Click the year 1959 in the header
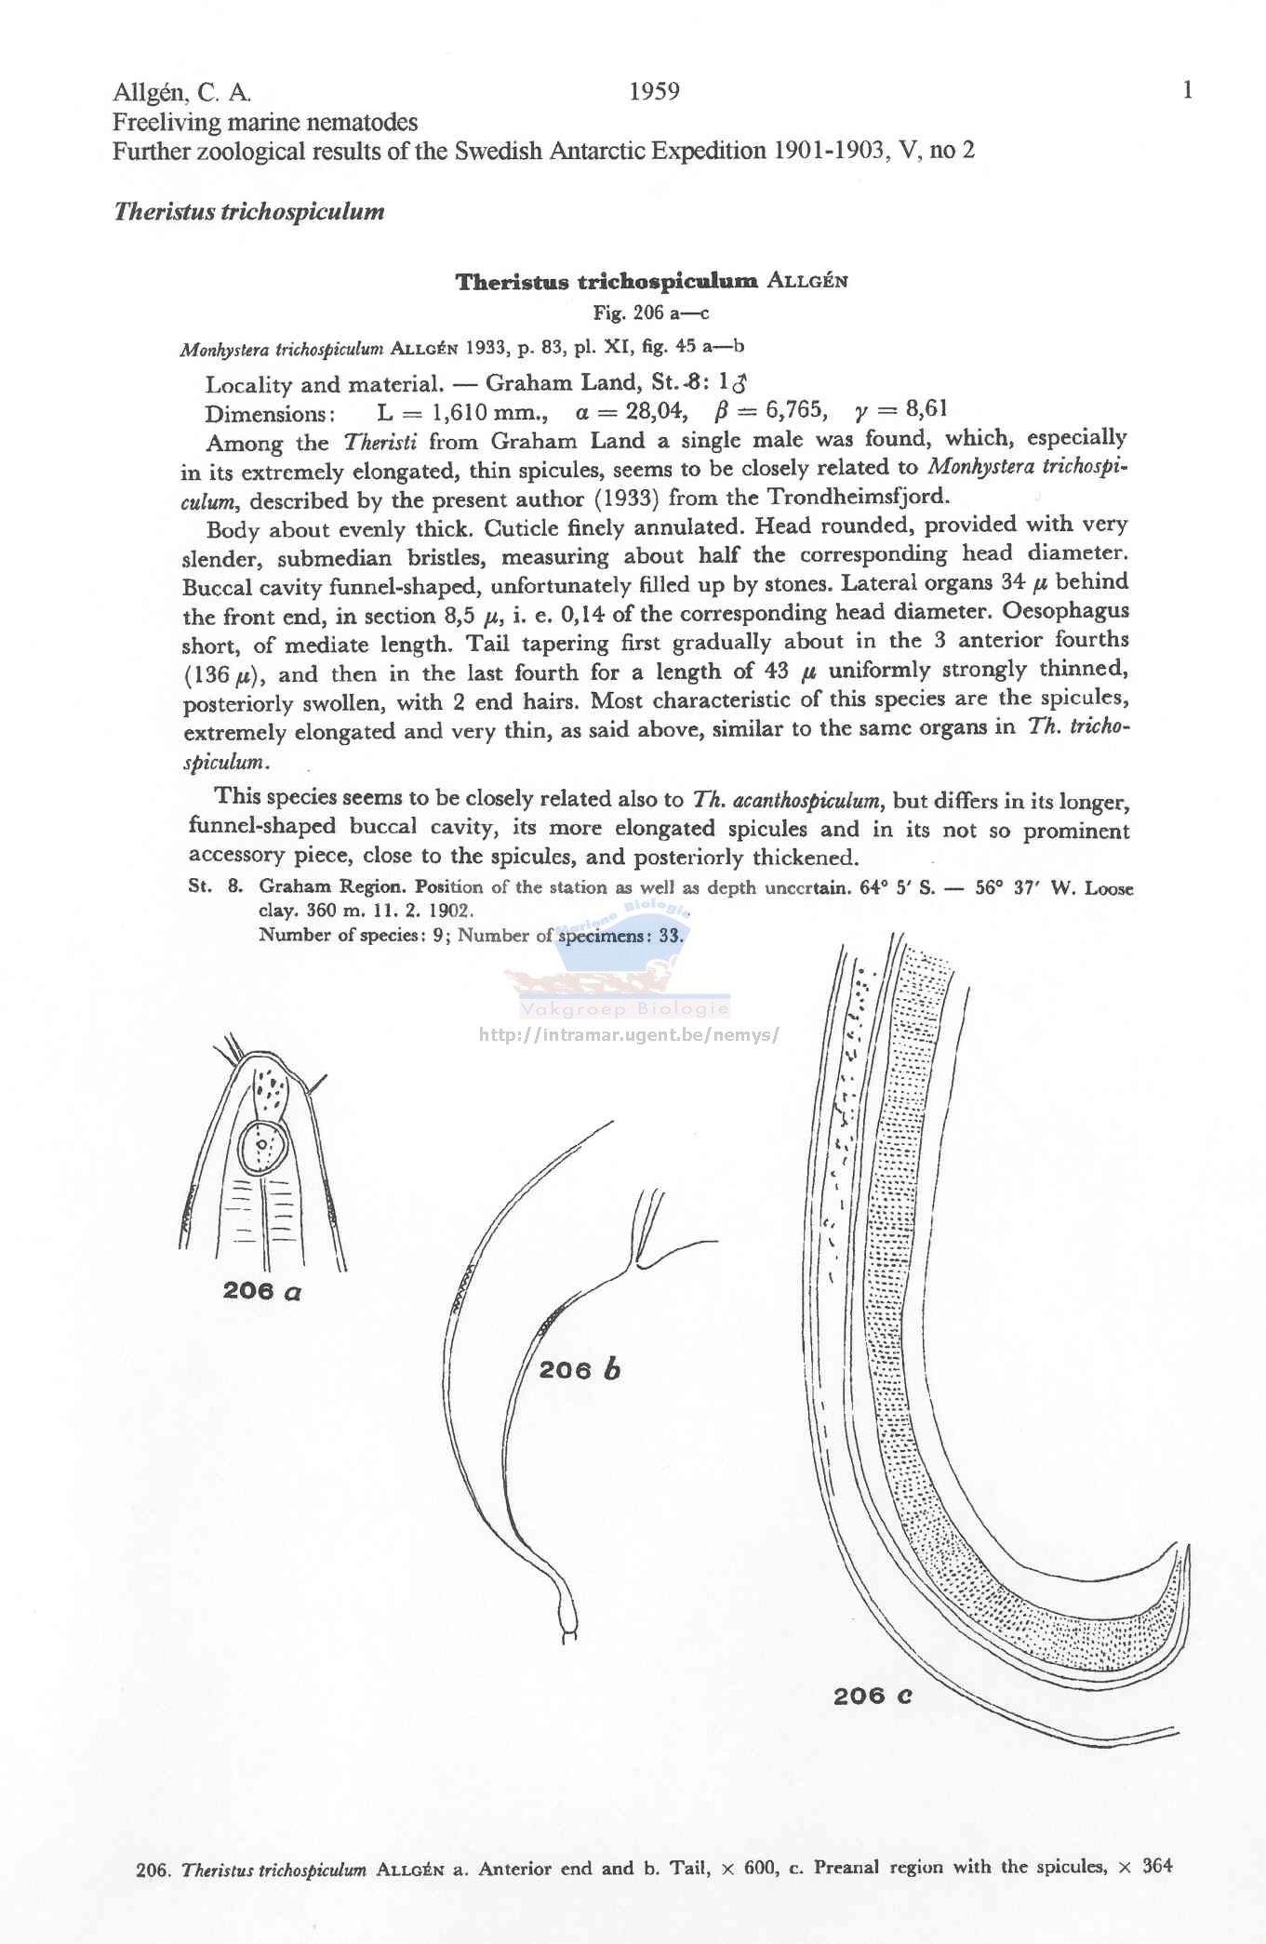(x=654, y=91)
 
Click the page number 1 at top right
(x=1187, y=90)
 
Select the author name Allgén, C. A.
(x=182, y=93)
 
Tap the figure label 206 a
(x=262, y=1291)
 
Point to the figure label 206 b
(x=580, y=1370)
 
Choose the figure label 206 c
(x=873, y=1696)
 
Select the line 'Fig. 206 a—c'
(x=651, y=313)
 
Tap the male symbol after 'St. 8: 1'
(x=741, y=381)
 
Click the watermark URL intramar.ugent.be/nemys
(x=629, y=1034)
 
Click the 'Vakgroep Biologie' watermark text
(x=625, y=1009)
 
